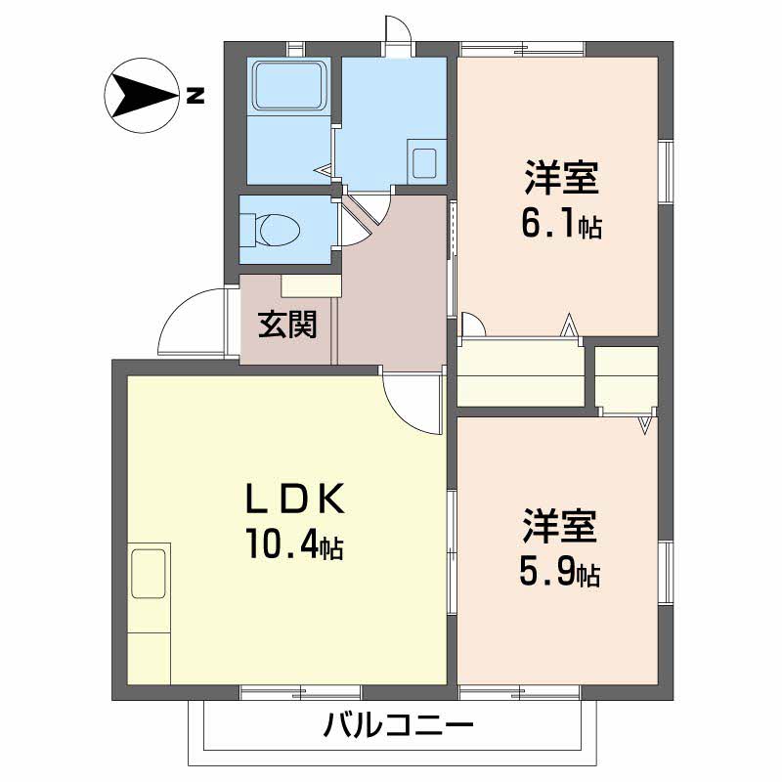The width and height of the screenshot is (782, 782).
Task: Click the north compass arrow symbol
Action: pos(142,96)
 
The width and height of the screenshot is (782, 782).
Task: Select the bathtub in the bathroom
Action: pos(288,85)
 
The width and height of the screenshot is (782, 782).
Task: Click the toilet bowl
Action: pos(280,230)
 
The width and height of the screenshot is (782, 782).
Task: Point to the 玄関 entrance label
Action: pos(287,326)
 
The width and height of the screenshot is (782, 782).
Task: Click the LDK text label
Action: pos(296,500)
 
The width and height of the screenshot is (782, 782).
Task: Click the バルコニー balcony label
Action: pos(398,725)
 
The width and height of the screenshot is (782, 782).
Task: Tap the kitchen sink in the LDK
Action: pos(149,573)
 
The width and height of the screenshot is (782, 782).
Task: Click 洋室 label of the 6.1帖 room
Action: pos(561,178)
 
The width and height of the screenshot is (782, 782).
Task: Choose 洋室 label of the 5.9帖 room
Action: pos(559,526)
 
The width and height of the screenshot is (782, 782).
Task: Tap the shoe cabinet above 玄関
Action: pos(311,285)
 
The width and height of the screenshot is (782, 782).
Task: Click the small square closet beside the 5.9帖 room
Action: pos(627,379)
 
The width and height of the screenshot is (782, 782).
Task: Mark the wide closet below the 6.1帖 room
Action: pos(521,373)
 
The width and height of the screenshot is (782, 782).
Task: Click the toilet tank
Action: pos(248,230)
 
